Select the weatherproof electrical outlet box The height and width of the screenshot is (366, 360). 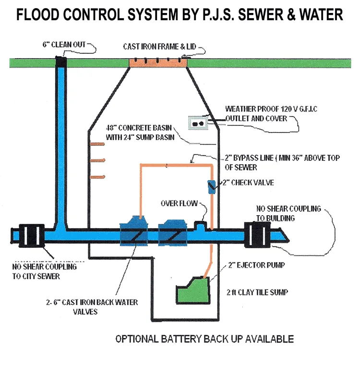(197, 123)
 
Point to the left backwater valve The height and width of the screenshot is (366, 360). (135, 232)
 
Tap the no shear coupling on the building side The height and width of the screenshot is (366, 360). (257, 234)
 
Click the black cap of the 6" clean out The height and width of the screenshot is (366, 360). (61, 61)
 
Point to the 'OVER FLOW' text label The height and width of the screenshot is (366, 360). (179, 203)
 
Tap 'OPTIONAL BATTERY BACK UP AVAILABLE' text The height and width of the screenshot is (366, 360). (204, 339)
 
